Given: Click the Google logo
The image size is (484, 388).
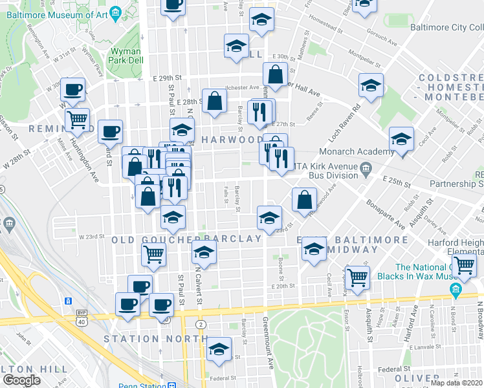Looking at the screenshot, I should coord(21,380).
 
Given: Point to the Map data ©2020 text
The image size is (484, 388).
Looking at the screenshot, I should coord(456,383).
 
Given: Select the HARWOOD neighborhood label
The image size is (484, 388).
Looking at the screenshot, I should coord(223,140).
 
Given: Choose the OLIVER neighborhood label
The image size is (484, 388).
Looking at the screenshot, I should coord(416,378).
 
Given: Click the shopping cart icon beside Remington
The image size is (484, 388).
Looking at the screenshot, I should coord(77,119).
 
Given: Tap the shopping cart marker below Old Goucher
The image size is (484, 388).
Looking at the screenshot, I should coord(153,254).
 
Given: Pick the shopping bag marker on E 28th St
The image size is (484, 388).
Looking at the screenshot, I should coord(214,100).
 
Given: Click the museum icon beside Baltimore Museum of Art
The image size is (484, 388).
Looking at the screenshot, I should coord(115,12).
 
